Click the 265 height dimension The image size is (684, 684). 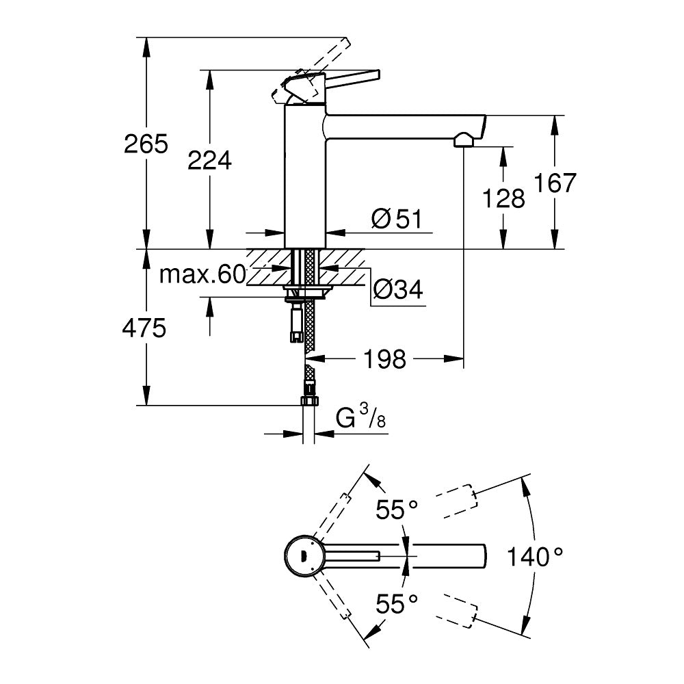pos(146,144)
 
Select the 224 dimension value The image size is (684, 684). pos(210,161)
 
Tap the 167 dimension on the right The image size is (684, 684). pos(555,183)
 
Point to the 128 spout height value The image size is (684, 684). pos(504,198)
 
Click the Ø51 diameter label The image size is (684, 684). pos(397,220)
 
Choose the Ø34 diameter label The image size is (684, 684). pos(397,291)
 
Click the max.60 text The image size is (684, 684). pos(202,275)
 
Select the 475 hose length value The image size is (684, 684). pos(144,328)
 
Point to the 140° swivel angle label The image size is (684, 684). pos(535,557)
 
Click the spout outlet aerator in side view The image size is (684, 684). pos(463,141)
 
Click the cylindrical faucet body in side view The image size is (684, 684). pos(305,178)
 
